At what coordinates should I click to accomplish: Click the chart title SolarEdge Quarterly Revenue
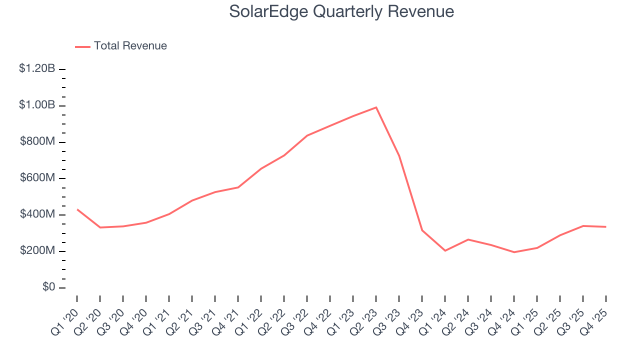pos(341,11)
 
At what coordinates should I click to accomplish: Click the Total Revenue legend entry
pos(130,46)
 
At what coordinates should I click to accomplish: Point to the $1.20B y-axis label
pos(37,68)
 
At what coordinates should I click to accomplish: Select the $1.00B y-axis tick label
pos(37,105)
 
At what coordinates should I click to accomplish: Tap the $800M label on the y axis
pos(37,141)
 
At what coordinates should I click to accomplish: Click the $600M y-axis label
pos(37,178)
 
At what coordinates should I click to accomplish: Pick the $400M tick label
pos(37,214)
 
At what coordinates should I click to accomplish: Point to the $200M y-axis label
pos(37,250)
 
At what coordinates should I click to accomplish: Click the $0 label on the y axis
pos(49,287)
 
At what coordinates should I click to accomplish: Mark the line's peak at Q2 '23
pos(376,107)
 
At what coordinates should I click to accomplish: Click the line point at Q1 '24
pos(445,250)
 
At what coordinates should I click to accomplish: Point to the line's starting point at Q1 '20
pos(77,209)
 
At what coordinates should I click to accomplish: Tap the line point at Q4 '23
pos(422,230)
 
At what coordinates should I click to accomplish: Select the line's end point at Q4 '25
pos(606,227)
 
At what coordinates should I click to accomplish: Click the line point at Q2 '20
pos(100,227)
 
